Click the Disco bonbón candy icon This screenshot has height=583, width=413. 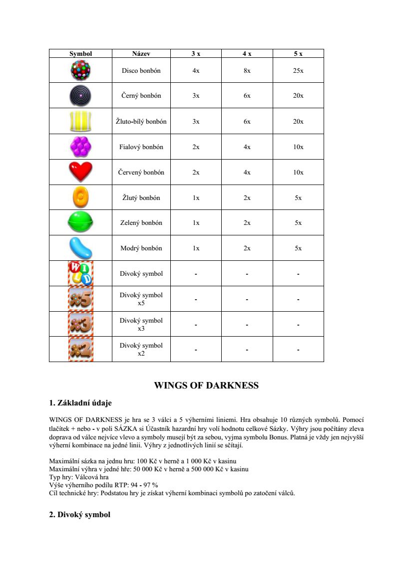80,70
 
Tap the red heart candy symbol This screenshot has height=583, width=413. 80,172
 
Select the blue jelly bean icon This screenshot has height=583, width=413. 80,248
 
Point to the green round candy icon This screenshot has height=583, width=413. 80,222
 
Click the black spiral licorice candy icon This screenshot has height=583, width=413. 80,95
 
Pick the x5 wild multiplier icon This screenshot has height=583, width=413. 80,299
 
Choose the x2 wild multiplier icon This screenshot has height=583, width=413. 80,349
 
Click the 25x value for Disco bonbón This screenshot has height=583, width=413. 298,71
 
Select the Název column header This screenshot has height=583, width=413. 141,53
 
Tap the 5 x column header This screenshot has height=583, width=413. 298,53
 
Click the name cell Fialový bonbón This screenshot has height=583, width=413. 141,147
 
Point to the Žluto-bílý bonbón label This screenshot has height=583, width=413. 141,122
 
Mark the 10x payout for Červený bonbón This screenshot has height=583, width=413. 298,173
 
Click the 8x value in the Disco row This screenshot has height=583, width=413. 247,71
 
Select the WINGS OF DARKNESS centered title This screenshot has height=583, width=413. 206,386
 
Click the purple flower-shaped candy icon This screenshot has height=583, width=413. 80,147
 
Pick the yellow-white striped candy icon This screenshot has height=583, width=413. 80,121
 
